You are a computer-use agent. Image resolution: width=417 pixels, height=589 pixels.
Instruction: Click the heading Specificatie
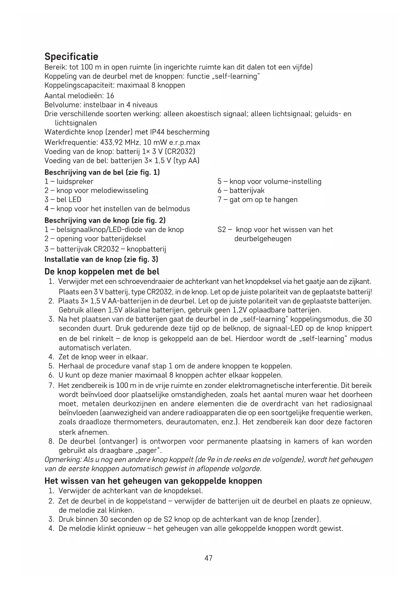(x=71, y=56)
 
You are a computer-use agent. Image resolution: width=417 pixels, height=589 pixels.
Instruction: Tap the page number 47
(x=208, y=558)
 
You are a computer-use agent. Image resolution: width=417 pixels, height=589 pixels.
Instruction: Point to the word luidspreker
(x=75, y=182)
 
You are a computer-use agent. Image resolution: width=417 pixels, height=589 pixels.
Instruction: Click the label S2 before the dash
(x=222, y=230)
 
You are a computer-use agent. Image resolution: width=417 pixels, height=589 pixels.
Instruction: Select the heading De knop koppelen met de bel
(x=102, y=271)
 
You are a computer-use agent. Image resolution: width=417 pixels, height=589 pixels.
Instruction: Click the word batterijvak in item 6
(x=247, y=191)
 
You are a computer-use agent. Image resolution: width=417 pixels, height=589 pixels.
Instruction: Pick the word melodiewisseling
(x=119, y=191)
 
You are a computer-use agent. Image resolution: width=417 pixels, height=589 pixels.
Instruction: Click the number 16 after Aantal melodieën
(x=110, y=96)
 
